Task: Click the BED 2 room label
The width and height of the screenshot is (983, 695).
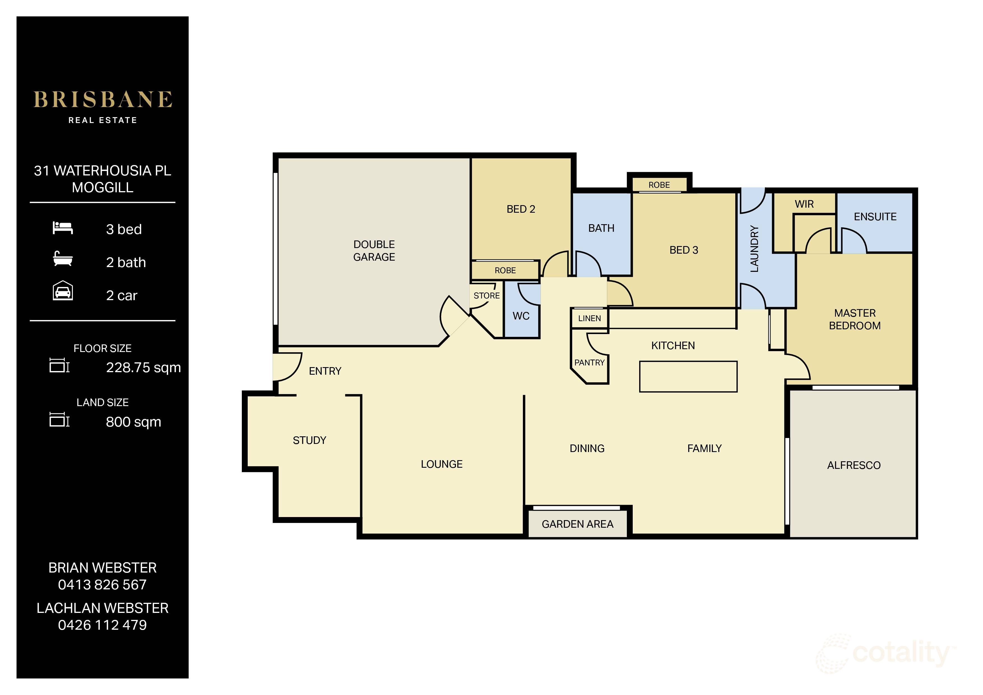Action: (521, 209)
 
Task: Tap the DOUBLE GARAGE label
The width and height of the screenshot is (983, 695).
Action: (374, 251)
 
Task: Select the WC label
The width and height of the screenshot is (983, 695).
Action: (521, 316)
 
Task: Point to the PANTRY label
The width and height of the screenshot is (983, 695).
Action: (589, 363)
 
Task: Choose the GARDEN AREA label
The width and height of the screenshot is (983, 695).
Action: (577, 524)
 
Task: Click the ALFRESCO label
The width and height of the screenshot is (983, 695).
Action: (853, 465)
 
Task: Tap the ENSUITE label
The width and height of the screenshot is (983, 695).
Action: (875, 217)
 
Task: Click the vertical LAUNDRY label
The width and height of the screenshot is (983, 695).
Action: (754, 249)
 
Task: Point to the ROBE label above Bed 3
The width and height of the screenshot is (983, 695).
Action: (659, 185)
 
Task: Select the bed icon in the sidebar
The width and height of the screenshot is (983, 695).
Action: (62, 228)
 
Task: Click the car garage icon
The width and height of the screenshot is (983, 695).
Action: (62, 291)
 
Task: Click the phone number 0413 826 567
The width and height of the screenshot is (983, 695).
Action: (102, 585)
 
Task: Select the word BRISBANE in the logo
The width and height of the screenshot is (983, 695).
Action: (103, 99)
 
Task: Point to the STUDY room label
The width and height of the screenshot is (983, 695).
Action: (309, 440)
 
